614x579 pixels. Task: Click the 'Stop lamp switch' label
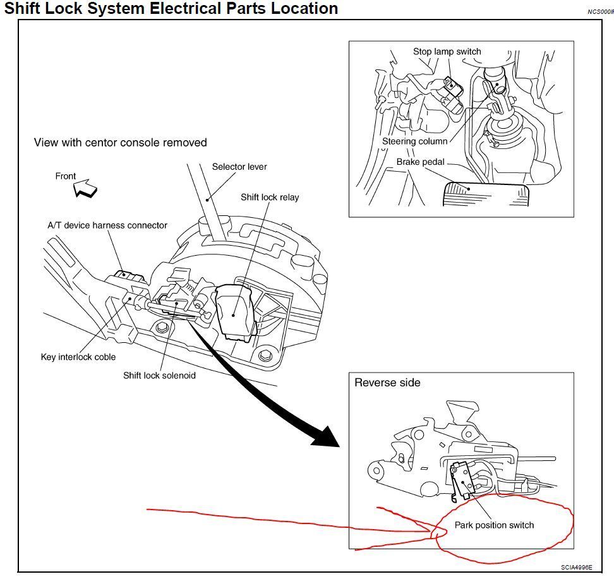point(447,52)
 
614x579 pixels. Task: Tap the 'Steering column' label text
point(414,141)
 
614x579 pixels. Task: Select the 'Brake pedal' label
point(420,162)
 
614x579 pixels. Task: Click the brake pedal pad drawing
point(486,194)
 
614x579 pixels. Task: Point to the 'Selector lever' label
point(239,167)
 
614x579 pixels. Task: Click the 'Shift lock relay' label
point(270,197)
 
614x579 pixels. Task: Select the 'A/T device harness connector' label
point(107,225)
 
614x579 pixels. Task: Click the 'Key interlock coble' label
point(78,357)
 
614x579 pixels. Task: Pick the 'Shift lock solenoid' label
point(159,376)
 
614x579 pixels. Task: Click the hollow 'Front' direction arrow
point(85,188)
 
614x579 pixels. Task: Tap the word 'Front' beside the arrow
point(66,176)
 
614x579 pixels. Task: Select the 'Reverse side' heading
point(387,383)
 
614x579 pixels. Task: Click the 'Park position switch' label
point(494,525)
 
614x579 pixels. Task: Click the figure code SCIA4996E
point(576,567)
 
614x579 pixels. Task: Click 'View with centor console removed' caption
point(120,143)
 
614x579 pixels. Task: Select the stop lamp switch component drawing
point(454,95)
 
